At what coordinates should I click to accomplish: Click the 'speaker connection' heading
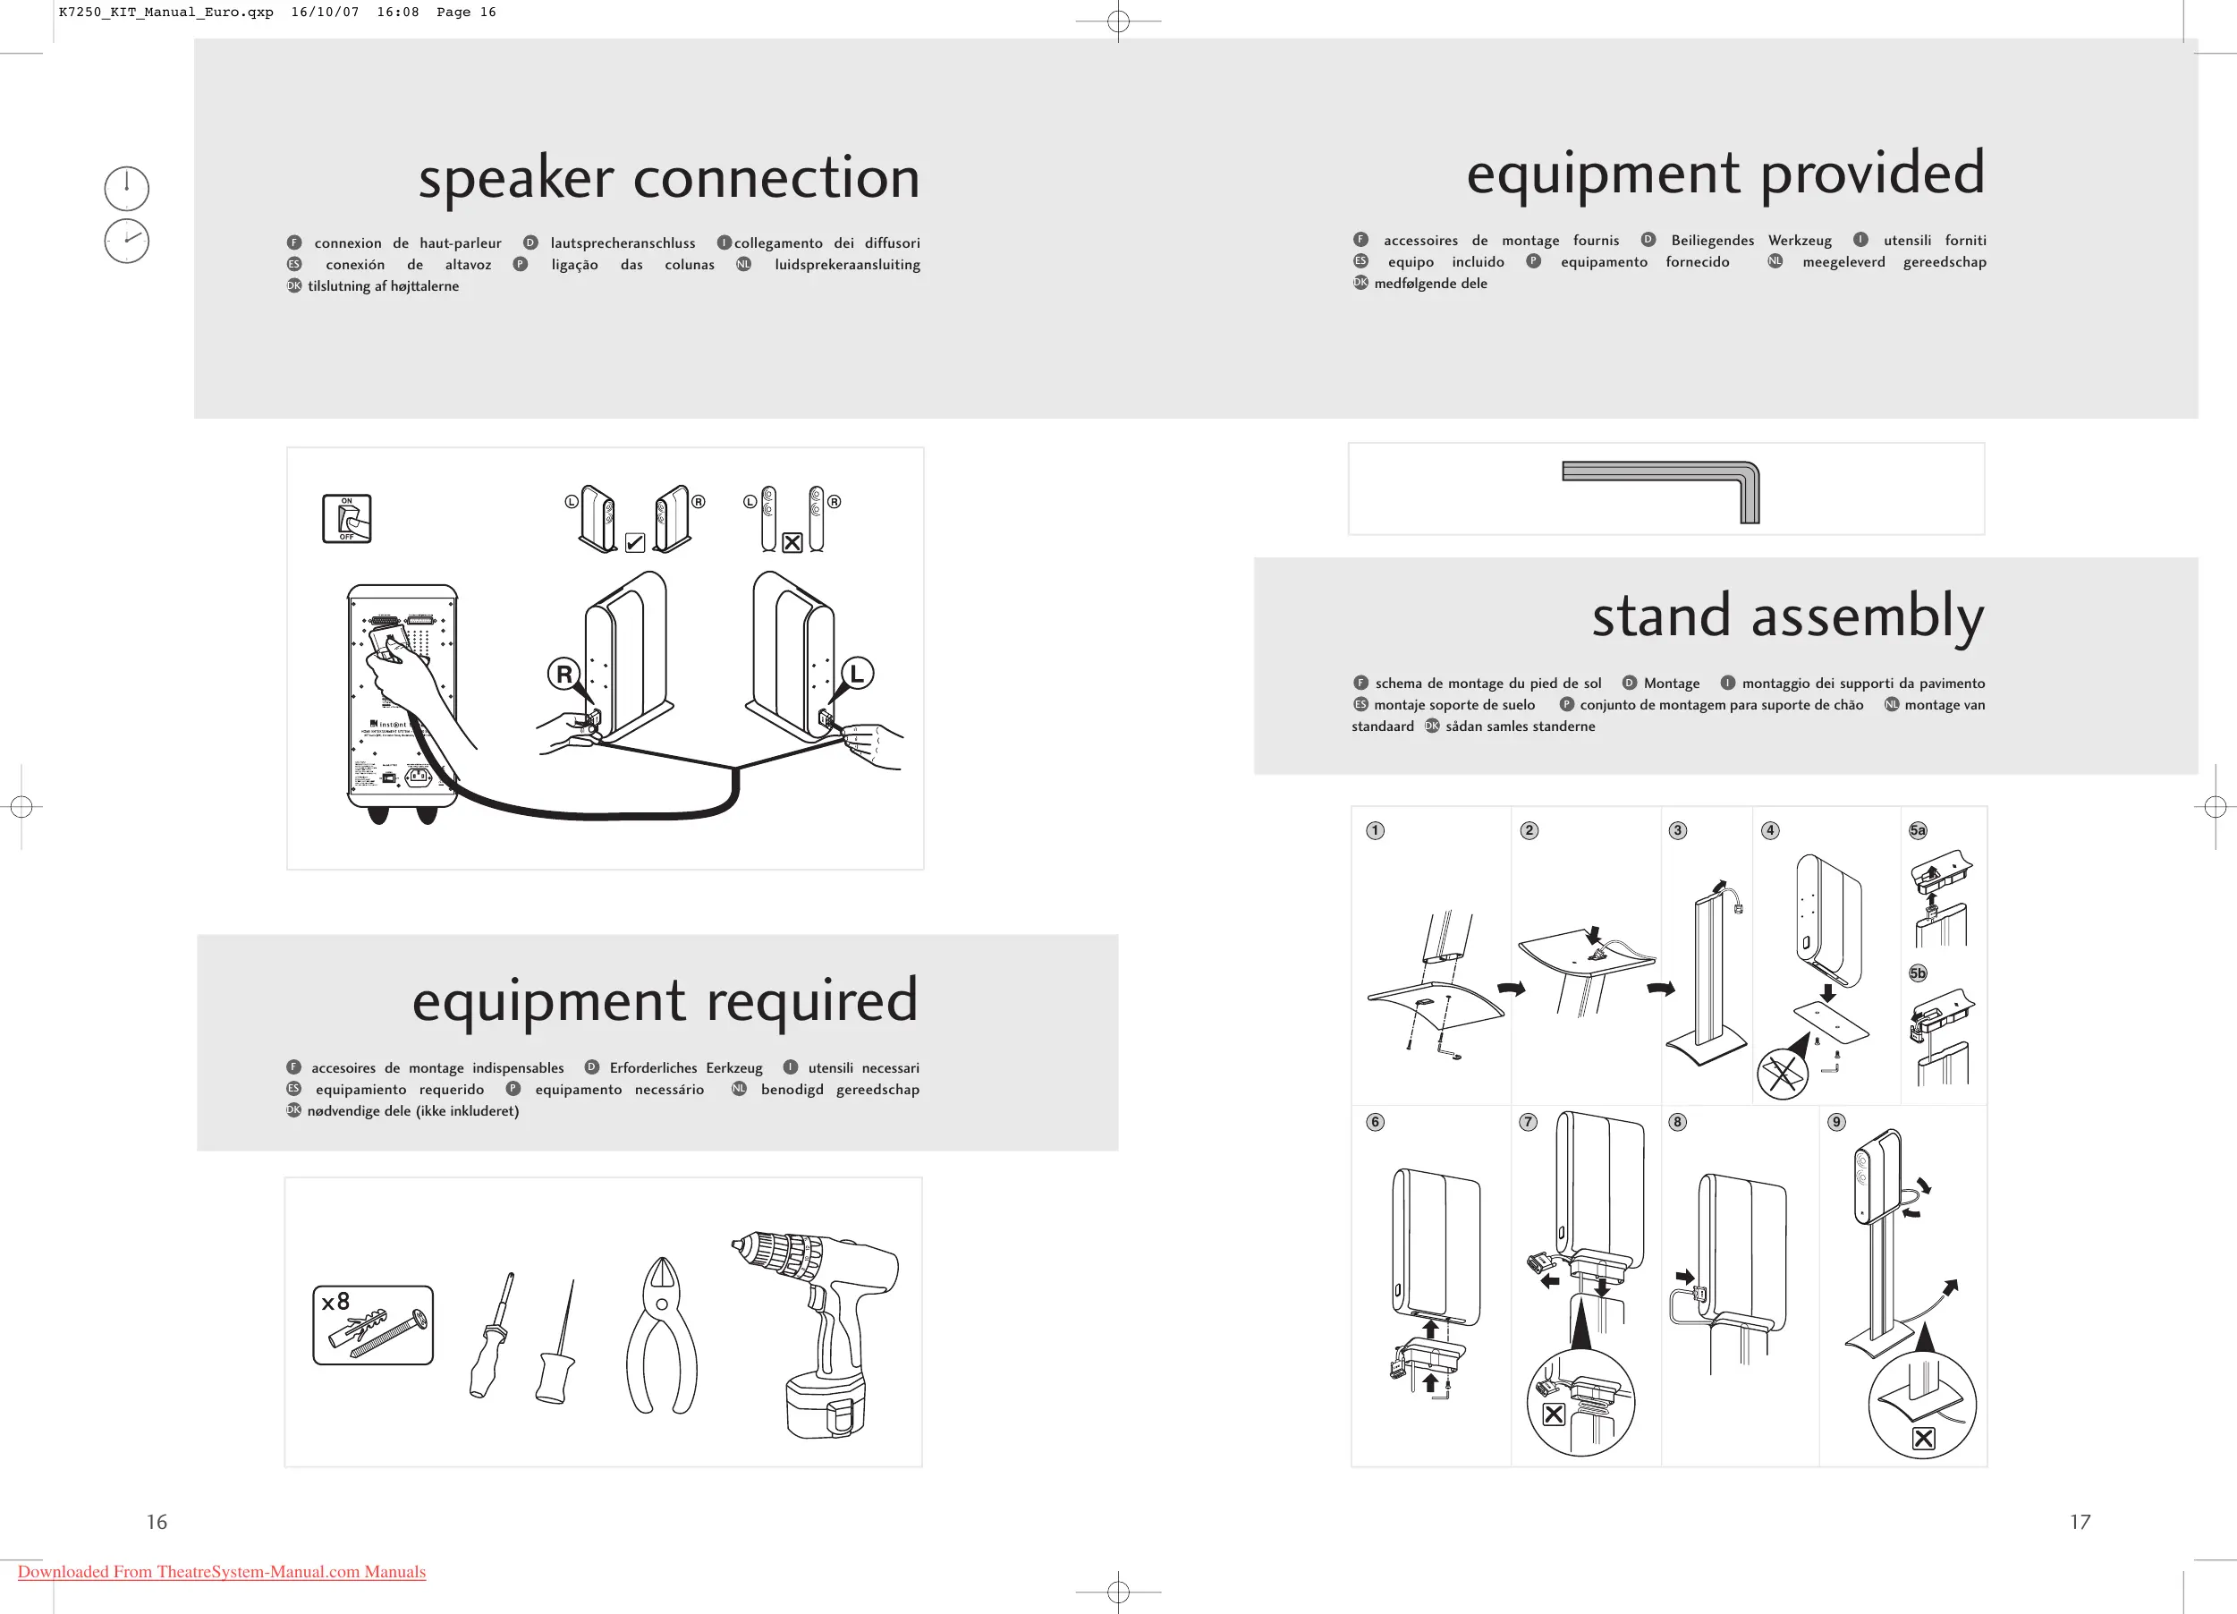[669, 179]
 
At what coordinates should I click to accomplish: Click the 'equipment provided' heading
[1724, 174]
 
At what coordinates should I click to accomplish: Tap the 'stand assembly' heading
[1787, 616]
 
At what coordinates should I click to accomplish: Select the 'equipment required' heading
[665, 1000]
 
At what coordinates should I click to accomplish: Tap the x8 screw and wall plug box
[373, 1325]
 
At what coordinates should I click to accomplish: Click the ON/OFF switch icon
[347, 518]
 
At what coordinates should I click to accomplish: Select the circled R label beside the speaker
[563, 675]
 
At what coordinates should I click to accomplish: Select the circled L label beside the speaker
[857, 673]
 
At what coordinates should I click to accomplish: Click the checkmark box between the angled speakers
[635, 542]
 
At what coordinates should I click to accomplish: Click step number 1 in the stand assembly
[1375, 830]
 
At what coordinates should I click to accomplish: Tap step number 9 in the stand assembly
[1835, 1122]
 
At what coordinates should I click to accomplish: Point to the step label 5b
[1918, 973]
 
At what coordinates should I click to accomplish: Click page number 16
[157, 1521]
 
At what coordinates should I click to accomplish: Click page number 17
[2080, 1521]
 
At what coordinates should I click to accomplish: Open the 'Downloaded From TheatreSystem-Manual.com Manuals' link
[222, 1572]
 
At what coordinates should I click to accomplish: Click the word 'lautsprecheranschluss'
[623, 242]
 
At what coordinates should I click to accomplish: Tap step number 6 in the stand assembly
[1375, 1122]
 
